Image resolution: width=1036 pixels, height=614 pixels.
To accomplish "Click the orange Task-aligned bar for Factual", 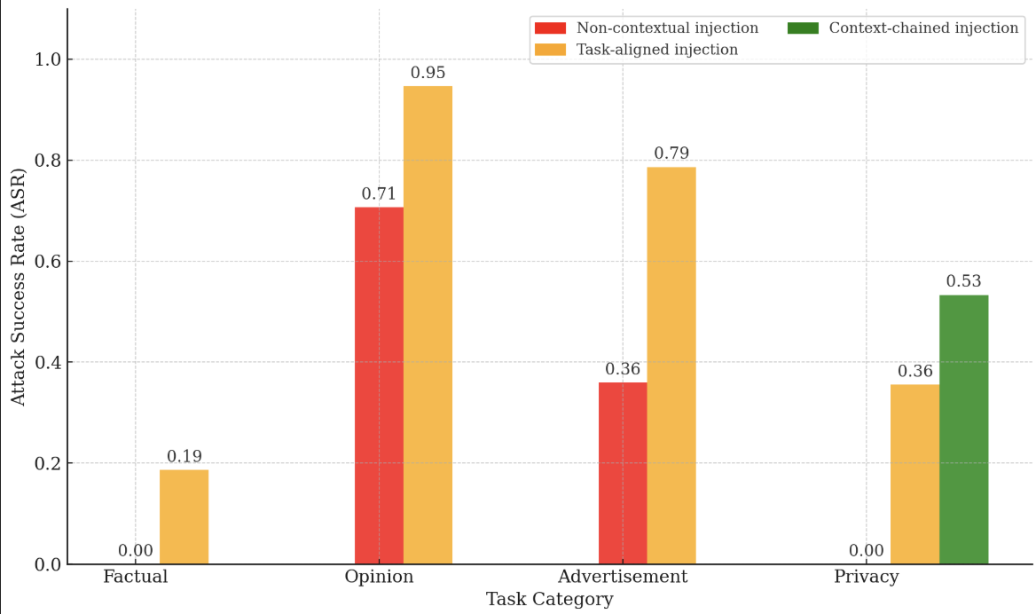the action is (x=184, y=517).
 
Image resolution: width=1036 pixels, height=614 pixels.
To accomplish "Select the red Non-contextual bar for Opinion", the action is (x=380, y=385).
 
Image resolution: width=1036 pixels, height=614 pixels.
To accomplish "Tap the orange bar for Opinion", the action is (x=428, y=325).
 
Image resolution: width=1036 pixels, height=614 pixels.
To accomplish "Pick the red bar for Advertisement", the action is (x=623, y=473).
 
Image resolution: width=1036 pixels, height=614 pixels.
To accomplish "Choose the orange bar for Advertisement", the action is (x=671, y=366).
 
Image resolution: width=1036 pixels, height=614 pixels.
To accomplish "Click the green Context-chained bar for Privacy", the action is (x=964, y=429).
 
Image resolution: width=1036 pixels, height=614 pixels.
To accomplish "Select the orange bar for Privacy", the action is (x=915, y=474).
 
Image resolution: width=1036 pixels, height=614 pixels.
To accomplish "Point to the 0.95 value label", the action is (x=428, y=73).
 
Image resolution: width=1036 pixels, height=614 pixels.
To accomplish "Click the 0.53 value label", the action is (x=964, y=281).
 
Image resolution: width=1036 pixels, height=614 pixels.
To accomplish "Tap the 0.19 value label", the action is (x=184, y=456).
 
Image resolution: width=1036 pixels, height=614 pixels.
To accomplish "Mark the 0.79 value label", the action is (x=671, y=153).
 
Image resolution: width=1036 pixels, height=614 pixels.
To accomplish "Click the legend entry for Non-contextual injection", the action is (x=647, y=28).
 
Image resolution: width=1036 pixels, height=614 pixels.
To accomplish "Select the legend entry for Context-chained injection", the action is (x=903, y=28).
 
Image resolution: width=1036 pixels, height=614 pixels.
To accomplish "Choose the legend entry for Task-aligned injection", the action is (x=636, y=50).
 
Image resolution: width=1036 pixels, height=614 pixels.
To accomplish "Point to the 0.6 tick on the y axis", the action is (x=48, y=262).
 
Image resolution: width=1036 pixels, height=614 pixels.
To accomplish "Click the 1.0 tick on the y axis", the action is (x=48, y=59).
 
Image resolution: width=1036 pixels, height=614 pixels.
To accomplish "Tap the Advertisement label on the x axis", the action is (x=623, y=577).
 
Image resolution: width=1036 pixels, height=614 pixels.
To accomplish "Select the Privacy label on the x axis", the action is (x=867, y=577).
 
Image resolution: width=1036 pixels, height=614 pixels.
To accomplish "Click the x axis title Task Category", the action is (x=550, y=600).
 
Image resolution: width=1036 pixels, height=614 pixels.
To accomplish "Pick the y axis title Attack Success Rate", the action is (x=18, y=287).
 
